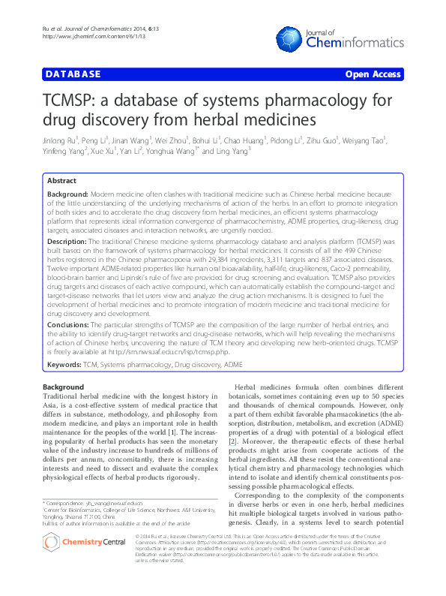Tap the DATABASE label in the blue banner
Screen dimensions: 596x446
click(x=73, y=75)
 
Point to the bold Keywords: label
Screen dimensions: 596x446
click(x=64, y=363)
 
